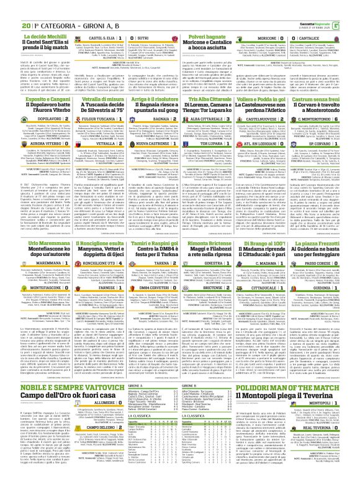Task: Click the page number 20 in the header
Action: [8, 7]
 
